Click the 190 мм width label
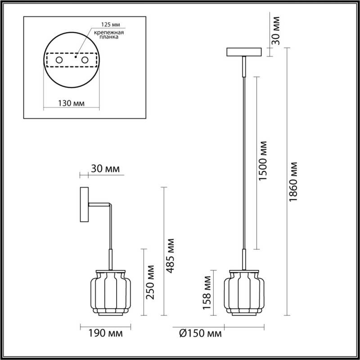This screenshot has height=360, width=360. coord(101,334)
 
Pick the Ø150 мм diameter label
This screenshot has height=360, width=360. coord(200,334)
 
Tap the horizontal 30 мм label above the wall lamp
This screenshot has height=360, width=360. coord(105,169)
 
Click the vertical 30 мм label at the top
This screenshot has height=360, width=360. coord(275,31)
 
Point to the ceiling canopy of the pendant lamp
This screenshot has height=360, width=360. coord(243,53)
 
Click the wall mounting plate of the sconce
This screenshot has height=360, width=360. coord(84,206)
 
